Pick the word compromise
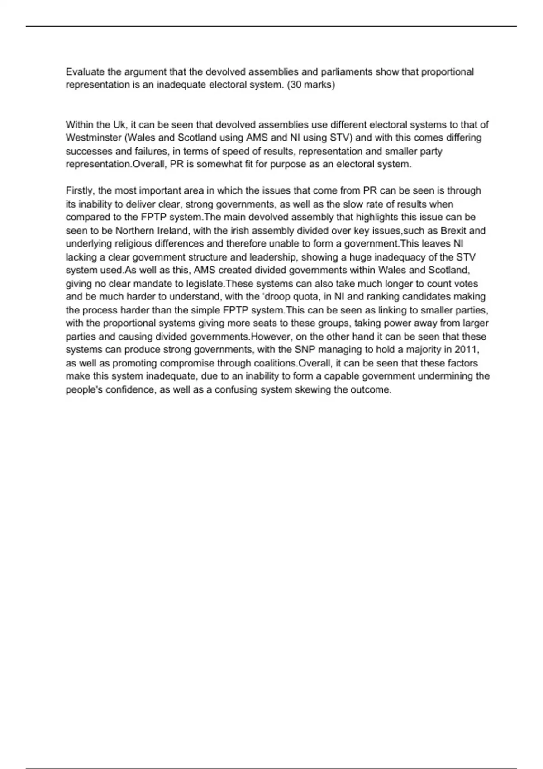click(187, 363)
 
